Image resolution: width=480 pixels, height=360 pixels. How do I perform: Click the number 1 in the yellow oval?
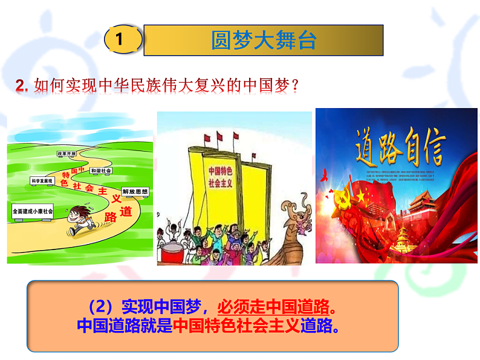point(120,40)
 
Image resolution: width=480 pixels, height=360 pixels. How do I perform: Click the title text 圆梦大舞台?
point(264,40)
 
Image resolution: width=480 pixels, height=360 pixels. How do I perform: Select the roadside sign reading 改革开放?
point(66,154)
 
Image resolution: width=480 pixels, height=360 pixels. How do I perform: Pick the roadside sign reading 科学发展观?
point(42,180)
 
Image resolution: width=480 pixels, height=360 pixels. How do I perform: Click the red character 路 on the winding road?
point(110,217)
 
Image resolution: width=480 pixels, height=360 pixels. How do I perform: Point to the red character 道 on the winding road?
point(125,212)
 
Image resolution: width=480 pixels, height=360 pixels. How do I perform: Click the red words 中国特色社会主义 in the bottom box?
point(237,326)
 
